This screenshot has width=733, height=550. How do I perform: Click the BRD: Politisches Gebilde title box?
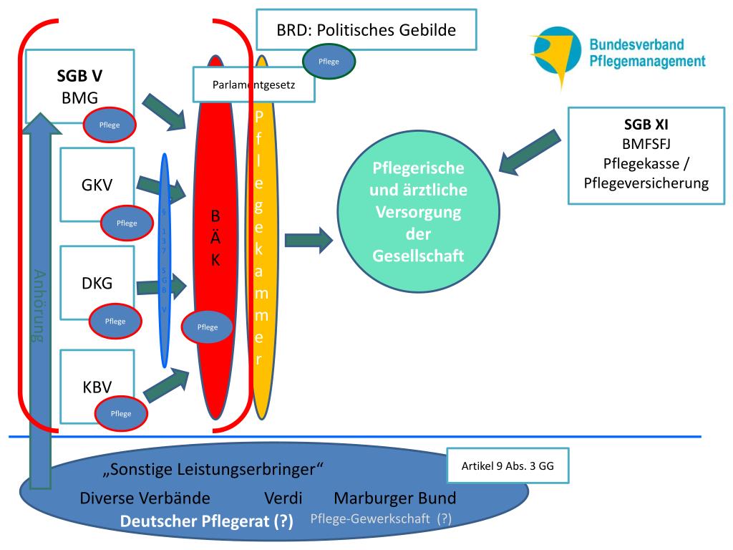366,30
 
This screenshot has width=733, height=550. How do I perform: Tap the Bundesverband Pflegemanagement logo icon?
555,54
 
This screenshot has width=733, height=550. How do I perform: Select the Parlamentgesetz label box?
253,85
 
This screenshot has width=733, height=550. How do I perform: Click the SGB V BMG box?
79,86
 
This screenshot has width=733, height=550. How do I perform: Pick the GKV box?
97,185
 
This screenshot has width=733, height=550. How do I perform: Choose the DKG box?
97,282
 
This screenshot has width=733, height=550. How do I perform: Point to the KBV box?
97,387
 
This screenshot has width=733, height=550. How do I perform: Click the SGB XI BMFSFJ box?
646,153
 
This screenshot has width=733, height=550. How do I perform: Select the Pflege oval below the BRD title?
329,62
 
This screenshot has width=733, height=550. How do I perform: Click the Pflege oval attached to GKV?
127,223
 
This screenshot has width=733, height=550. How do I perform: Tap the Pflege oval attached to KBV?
121,414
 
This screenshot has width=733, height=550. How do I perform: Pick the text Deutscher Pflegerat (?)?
207,522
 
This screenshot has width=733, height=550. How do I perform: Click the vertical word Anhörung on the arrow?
40,307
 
